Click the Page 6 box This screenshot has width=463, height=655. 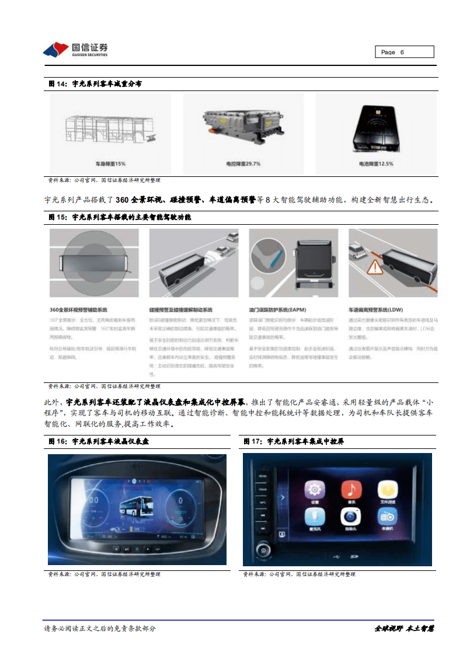tap(403, 52)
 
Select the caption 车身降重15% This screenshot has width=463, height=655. tap(110, 163)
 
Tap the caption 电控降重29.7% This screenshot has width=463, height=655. tap(243, 163)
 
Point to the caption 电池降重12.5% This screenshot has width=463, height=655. tap(375, 163)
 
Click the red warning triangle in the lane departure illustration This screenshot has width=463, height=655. tap(374, 268)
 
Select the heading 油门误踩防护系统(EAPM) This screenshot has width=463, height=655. tap(278, 309)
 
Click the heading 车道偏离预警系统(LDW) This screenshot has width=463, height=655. tap(376, 309)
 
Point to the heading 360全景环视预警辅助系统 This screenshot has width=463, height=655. tap(79, 309)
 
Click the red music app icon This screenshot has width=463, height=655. tap(351, 490)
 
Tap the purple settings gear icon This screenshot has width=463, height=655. tap(315, 490)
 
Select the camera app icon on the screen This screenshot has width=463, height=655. tap(350, 517)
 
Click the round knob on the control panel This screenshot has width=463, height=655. tap(263, 550)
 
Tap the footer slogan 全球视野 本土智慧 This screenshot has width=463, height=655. tap(404, 629)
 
